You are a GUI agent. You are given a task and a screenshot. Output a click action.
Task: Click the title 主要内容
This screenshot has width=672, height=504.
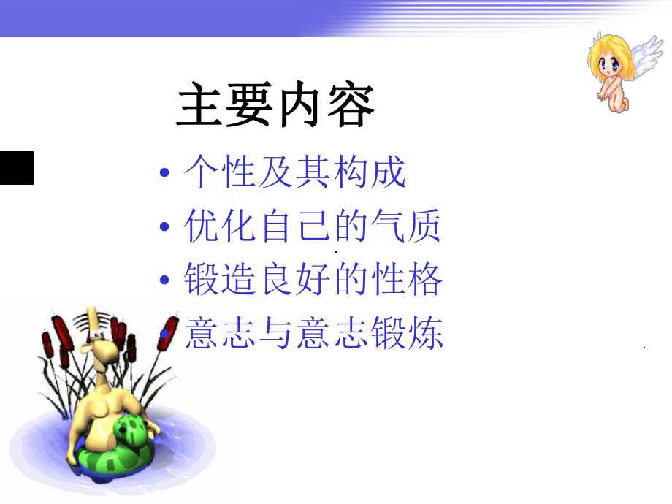pyautogui.click(x=276, y=106)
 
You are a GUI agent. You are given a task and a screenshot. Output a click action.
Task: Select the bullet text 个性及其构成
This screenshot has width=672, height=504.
pyautogui.click(x=294, y=174)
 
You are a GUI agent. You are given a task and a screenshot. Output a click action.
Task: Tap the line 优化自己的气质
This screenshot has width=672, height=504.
pyautogui.click(x=313, y=226)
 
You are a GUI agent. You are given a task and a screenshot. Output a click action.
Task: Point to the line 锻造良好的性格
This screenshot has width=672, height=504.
pyautogui.click(x=313, y=280)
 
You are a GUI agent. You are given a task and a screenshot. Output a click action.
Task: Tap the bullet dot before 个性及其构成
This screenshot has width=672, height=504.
pyautogui.click(x=164, y=175)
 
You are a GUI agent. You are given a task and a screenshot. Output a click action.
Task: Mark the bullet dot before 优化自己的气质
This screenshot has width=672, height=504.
pyautogui.click(x=164, y=228)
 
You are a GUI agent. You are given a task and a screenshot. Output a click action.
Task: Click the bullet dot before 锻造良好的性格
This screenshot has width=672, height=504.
pyautogui.click(x=164, y=282)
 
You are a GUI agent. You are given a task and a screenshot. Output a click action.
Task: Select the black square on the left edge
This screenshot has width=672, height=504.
pyautogui.click(x=16, y=168)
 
